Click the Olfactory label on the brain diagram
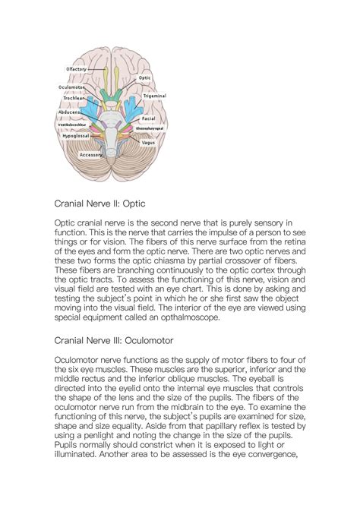[77, 69]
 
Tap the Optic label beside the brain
[144, 78]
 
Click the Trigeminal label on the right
[156, 96]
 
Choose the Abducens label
[70, 112]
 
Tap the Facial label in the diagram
[149, 119]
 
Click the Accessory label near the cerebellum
[91, 154]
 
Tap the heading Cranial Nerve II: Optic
[99, 204]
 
